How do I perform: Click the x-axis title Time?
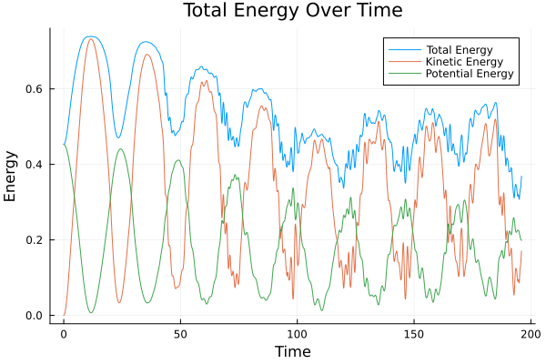click(292, 351)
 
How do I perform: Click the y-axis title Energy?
click(12, 176)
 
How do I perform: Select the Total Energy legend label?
click(460, 48)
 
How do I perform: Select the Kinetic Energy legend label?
click(463, 61)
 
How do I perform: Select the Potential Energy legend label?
click(470, 74)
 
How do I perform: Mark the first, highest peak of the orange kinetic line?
click(90, 39)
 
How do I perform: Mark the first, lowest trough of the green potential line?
click(91, 313)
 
